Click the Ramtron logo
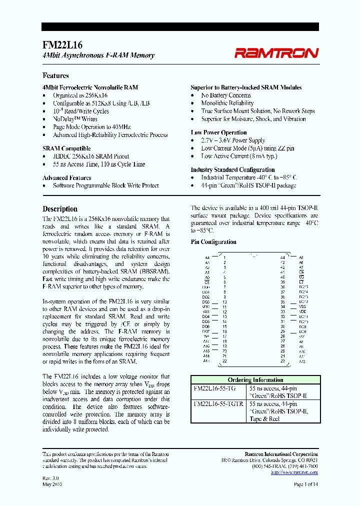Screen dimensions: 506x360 point(276,52)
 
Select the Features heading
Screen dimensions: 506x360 point(55,75)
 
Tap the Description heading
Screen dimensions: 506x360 point(60,209)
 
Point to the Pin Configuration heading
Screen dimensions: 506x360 point(213,242)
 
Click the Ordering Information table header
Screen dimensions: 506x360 point(255,380)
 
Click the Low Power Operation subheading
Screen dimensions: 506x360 point(218,132)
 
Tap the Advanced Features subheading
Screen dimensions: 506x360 point(66,177)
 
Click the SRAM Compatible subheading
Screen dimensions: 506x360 point(66,148)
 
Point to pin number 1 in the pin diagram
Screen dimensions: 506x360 point(225,257)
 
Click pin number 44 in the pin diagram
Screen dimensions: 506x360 point(282,257)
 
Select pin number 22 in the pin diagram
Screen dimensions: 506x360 point(225,361)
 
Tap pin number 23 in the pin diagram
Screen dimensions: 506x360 point(282,361)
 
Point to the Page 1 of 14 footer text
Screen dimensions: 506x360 point(306,484)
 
